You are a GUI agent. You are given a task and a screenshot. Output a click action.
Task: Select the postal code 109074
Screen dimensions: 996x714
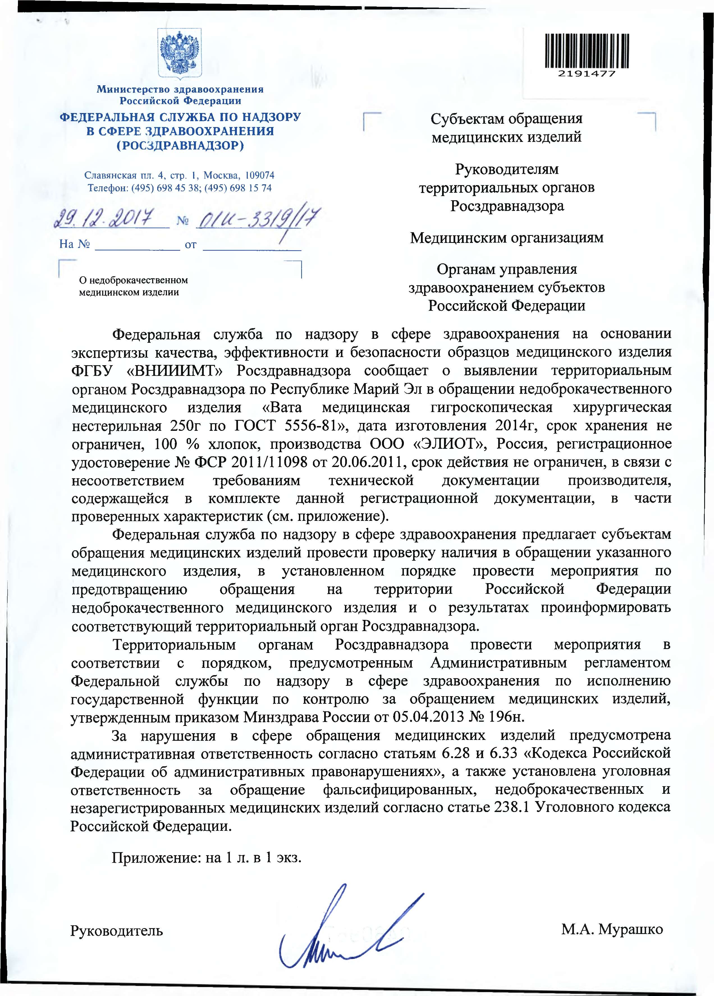click(x=260, y=175)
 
